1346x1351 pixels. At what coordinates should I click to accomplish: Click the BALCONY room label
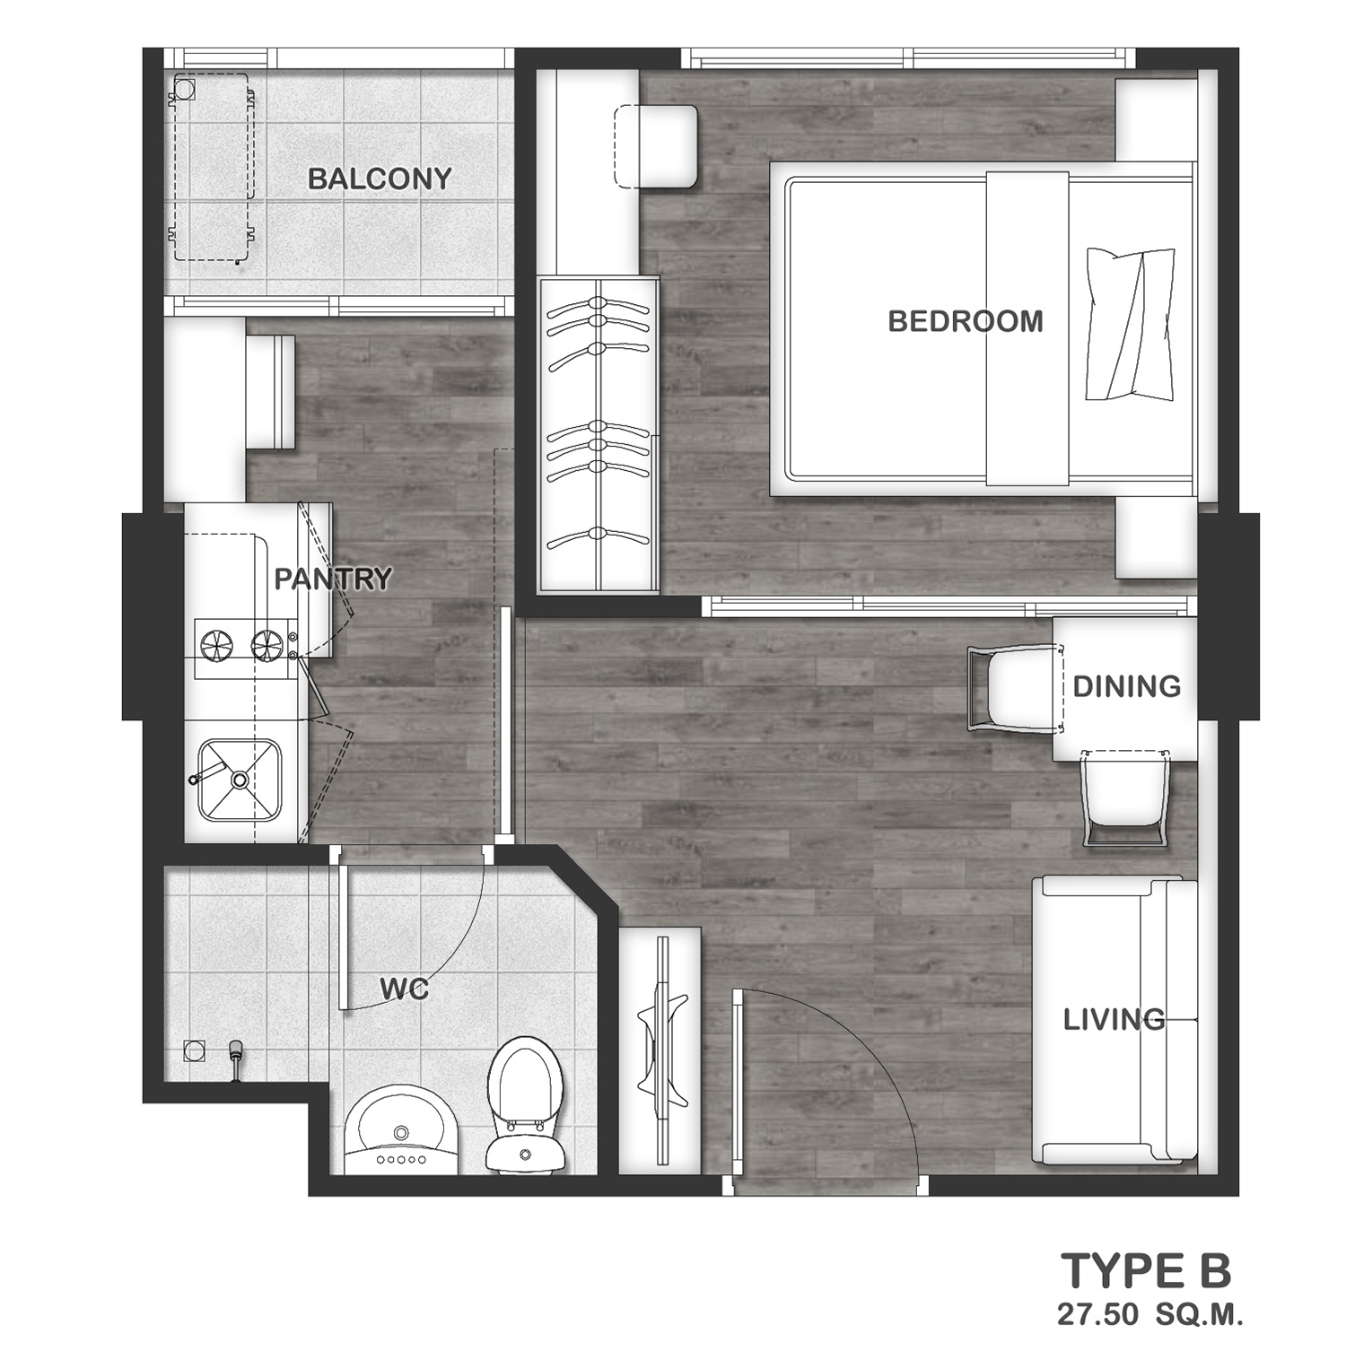point(380,179)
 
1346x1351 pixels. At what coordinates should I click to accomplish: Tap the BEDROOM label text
point(966,321)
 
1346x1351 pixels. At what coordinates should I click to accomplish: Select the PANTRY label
point(333,580)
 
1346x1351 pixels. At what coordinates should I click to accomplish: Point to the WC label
point(404,989)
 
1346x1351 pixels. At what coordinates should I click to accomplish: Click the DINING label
point(1127,686)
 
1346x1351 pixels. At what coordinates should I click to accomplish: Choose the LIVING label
point(1114,1020)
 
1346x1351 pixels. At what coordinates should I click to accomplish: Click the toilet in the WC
point(526,1104)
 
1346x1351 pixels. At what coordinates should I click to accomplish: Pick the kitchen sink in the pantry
point(240,780)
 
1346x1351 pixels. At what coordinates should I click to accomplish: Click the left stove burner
point(216,644)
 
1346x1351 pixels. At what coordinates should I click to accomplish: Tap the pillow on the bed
point(1130,324)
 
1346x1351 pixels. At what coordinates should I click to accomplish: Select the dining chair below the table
point(1125,798)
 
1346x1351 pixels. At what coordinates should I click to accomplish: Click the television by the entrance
point(662,1050)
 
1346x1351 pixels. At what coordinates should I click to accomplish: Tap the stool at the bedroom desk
point(656,146)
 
